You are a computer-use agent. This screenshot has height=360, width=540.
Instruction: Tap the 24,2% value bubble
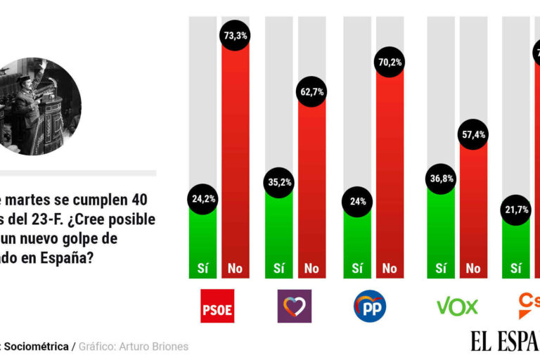(202, 199)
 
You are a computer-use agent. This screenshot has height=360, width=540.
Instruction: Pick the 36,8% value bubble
(441, 179)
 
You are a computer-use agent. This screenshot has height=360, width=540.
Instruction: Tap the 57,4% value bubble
(473, 134)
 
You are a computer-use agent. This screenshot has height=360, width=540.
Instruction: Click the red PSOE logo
(217, 306)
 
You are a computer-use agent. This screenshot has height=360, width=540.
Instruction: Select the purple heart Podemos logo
(295, 306)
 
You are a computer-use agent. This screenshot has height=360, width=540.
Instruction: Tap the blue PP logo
(370, 306)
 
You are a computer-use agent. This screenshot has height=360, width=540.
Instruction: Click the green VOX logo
(457, 306)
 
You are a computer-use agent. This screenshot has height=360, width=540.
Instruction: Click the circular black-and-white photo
(39, 106)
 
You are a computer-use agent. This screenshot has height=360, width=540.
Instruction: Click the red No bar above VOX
(473, 211)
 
